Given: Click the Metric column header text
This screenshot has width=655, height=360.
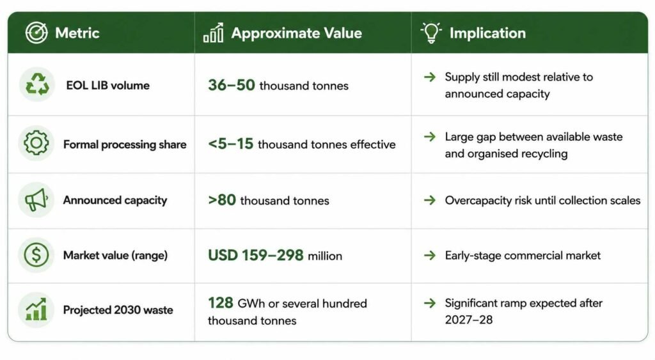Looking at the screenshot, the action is point(77,33).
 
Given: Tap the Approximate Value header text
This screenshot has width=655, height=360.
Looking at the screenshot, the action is point(297,33).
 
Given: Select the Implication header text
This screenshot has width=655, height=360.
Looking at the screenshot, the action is point(487,33).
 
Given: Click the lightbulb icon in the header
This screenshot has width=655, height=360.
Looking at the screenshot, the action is point(431,33).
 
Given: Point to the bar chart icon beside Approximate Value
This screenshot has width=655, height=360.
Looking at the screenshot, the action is point(213,33).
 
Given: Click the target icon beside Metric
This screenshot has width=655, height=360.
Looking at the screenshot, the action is point(36,33).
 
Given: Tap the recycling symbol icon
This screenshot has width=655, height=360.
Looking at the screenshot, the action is point(37,84).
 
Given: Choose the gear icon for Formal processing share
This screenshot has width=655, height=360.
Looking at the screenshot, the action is point(36,143).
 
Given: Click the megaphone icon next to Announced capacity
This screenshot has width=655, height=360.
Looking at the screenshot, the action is point(36,200).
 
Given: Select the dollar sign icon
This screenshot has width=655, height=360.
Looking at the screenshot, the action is point(36,254).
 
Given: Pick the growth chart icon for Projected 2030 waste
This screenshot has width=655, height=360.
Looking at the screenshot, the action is point(36,309).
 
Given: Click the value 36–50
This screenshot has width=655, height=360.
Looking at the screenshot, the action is point(232,85).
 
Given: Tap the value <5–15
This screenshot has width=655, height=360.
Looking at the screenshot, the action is point(230,144).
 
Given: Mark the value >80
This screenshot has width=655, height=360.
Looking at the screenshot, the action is point(222,200).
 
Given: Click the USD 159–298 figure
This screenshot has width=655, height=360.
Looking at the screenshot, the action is point(256,255).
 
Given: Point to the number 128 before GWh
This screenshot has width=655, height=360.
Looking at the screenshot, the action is point(221,303).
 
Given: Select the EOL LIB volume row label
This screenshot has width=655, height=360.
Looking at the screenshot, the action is point(107,85).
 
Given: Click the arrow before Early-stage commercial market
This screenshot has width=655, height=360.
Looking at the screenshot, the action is point(430,255).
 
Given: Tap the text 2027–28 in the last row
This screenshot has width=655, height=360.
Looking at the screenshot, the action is point(469,320).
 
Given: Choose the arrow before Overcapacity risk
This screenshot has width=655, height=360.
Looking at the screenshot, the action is point(430,201).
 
